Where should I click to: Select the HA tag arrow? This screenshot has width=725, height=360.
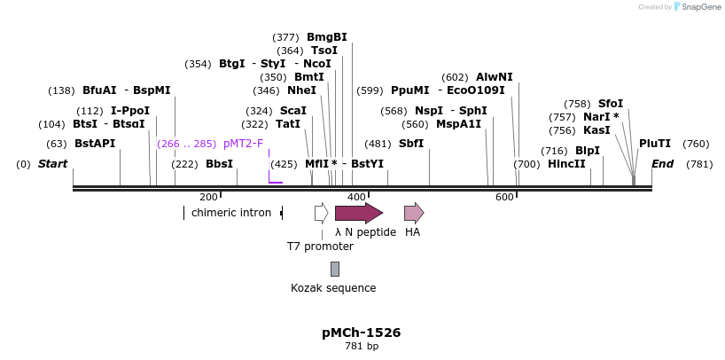click(x=413, y=213)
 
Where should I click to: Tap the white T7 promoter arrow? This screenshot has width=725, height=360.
click(x=321, y=213)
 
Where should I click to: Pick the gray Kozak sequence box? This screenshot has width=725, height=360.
click(x=334, y=269)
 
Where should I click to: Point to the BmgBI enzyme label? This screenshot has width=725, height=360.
click(x=326, y=37)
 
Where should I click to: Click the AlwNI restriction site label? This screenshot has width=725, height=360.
click(x=494, y=77)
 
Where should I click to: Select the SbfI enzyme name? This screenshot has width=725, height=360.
click(x=411, y=144)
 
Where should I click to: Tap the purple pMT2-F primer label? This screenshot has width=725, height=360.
click(x=243, y=144)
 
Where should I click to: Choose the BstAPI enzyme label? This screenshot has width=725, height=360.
click(x=94, y=144)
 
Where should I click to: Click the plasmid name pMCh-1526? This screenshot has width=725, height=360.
click(x=361, y=333)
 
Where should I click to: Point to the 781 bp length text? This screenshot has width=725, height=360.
click(x=361, y=347)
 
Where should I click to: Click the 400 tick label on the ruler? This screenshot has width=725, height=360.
click(x=356, y=197)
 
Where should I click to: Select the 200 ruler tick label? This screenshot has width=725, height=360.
click(x=208, y=197)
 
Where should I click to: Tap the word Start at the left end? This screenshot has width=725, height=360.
click(x=52, y=164)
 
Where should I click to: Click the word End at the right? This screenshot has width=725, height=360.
click(x=662, y=164)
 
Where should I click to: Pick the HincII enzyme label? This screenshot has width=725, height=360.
click(x=566, y=164)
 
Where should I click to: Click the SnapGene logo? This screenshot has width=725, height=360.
click(x=696, y=7)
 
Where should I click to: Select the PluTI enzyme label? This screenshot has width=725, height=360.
click(x=655, y=144)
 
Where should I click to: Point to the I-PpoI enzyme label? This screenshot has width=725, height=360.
click(x=130, y=111)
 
